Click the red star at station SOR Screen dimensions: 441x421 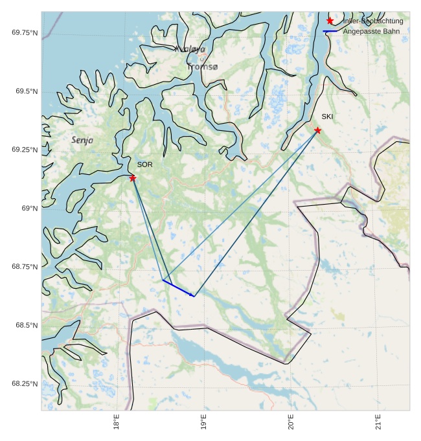coord(133,178)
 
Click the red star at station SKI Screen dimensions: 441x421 coord(317,130)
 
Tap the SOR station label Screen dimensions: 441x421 coord(144,164)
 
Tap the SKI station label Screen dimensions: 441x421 coord(327,117)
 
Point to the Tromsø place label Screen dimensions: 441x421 coord(203,67)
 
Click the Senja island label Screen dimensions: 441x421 coord(82,140)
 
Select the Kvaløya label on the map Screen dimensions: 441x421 coord(190,49)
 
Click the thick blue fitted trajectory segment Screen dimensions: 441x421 coord(178,288)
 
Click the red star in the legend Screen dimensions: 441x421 coord(330,21)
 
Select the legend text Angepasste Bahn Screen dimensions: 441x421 coord(371,31)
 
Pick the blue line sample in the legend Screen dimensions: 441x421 coord(330,31)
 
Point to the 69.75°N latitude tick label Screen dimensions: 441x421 coord(25,32)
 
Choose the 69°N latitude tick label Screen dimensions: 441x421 coord(29,208)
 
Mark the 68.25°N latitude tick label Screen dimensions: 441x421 coord(25,383)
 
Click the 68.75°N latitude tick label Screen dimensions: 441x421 coord(25,266)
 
